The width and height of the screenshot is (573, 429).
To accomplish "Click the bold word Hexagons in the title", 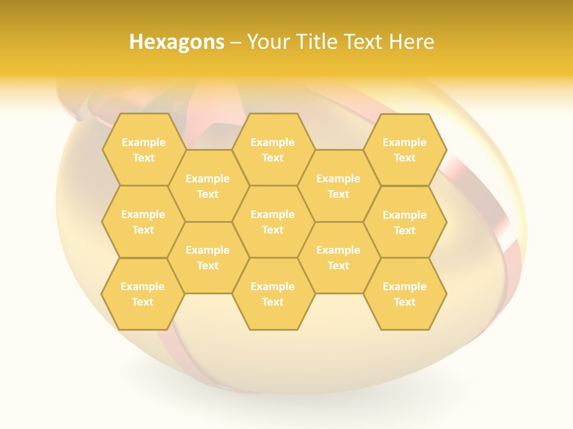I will (177, 42).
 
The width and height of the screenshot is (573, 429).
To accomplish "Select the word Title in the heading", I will (316, 42).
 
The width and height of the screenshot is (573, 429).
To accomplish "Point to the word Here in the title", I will (411, 42).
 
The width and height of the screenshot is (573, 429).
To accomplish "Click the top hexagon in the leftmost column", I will (143, 150).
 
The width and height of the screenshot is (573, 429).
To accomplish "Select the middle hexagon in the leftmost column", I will (143, 222).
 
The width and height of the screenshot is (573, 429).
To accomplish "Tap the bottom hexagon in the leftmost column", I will (143, 294).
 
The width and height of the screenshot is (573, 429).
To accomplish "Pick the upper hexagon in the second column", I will (208, 186).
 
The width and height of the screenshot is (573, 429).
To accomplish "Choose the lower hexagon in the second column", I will (208, 257).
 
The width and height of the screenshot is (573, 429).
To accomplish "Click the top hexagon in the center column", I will (273, 150).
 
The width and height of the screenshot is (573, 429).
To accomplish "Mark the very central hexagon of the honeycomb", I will (273, 222).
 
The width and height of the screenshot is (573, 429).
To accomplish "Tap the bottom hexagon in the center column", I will (273, 294).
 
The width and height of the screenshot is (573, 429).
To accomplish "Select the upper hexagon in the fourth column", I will (338, 186).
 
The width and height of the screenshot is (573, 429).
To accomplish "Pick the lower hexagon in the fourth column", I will (338, 257).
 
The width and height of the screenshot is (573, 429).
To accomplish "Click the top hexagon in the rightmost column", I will (405, 150).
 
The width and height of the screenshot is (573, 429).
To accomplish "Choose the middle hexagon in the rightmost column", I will (405, 222).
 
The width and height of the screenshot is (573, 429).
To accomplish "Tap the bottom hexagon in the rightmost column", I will (405, 294).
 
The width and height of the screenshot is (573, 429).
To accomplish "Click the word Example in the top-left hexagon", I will (143, 142).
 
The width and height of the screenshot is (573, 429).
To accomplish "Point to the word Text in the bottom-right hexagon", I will (405, 302).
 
